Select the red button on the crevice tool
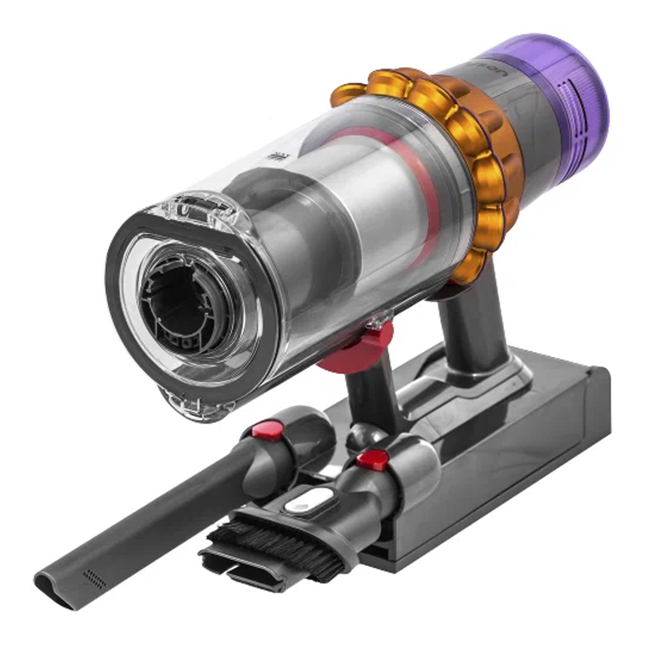click(x=267, y=429)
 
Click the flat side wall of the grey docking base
click(x=516, y=464)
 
